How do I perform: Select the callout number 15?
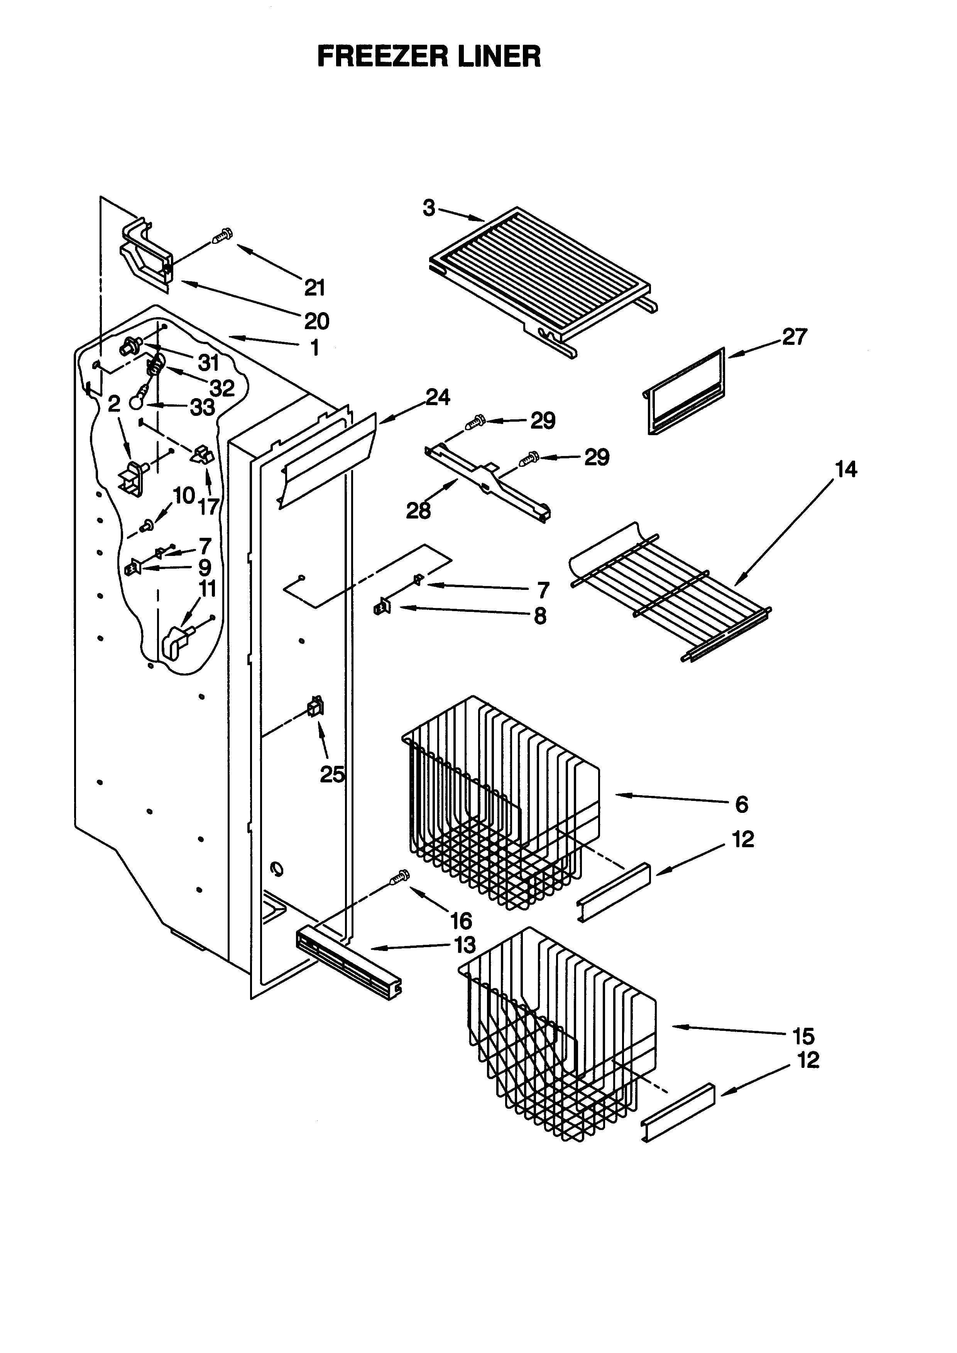(x=803, y=1035)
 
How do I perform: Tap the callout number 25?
(x=332, y=774)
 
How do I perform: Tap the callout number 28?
(x=418, y=510)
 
